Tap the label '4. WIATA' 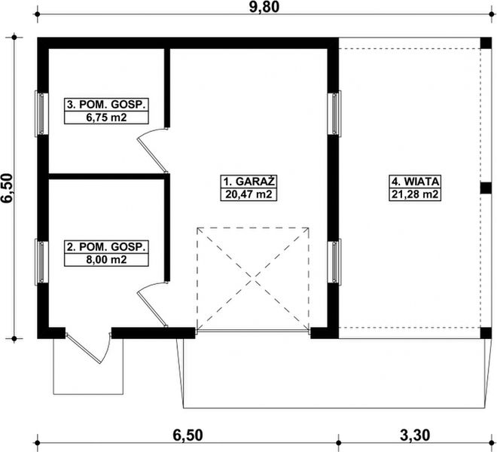415,182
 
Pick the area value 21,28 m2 415,194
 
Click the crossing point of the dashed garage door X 253,278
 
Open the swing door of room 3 153,146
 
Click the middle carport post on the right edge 486,188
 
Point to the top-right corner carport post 486,43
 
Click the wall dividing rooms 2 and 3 105,177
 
